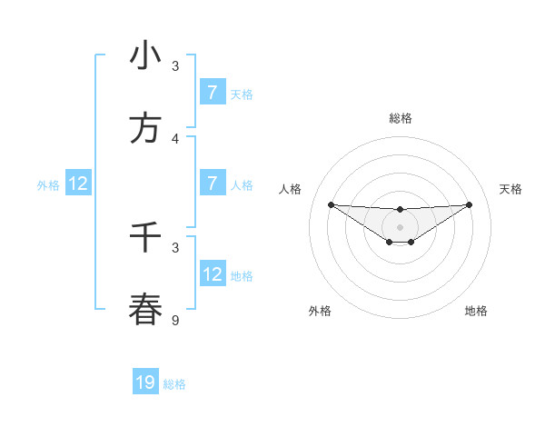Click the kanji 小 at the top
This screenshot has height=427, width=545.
point(145,56)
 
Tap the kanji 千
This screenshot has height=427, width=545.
point(145,238)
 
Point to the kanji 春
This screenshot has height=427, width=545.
point(145,309)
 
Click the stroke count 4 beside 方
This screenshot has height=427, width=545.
point(175,138)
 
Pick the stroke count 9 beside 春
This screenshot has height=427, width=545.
point(175,319)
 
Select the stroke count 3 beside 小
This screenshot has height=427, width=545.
point(175,66)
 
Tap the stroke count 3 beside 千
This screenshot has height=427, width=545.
point(175,246)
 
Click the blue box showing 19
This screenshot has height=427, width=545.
point(145,382)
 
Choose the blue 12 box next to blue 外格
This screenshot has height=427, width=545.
point(78,184)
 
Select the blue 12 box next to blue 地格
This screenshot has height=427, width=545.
point(213,274)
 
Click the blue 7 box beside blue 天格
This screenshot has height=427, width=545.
point(213,93)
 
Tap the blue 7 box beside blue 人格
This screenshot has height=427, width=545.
point(213,184)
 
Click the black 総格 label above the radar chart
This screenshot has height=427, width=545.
point(400,118)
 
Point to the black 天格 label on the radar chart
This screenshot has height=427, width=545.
point(511,189)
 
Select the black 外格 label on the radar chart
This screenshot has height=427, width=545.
point(320,311)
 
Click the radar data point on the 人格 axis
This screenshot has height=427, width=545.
point(331,204)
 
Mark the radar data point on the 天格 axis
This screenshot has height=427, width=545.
point(470,204)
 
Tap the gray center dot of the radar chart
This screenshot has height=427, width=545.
point(400,226)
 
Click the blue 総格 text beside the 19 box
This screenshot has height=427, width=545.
point(174,384)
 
